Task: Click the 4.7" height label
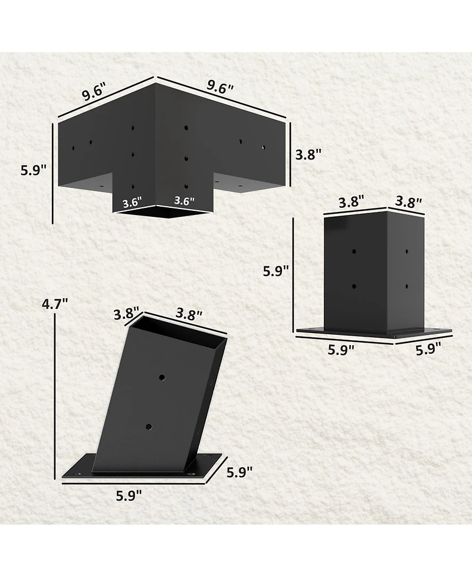tap(55, 305)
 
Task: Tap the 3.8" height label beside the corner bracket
tap(307, 155)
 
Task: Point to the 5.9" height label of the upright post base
tap(276, 271)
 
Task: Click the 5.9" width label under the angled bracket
tap(129, 496)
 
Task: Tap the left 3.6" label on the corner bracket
tap(132, 203)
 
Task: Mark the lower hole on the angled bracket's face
tap(148, 425)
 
